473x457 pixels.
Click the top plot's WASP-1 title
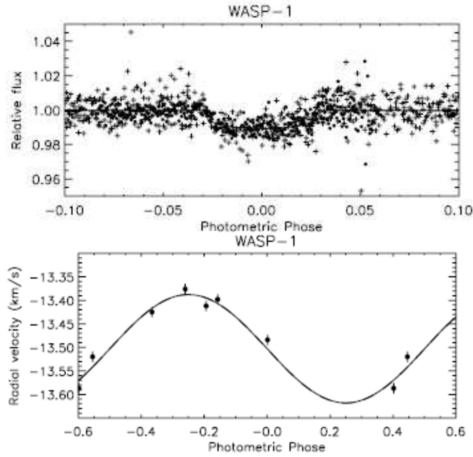click(x=260, y=11)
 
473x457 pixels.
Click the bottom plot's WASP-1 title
click(x=265, y=241)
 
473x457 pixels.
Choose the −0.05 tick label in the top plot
click(x=163, y=211)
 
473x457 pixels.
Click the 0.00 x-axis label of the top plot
click(x=261, y=211)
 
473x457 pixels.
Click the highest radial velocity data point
click(x=185, y=289)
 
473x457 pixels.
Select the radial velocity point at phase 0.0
click(x=267, y=339)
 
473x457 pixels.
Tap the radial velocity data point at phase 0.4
click(x=393, y=388)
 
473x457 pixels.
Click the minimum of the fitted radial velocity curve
click(x=346, y=403)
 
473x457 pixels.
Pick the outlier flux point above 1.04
click(x=131, y=32)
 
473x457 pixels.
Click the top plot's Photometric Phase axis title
click(x=261, y=226)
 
